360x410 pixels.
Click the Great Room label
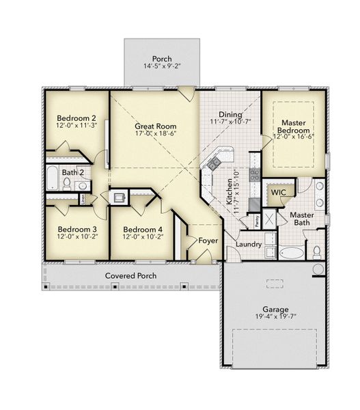(x=156, y=126)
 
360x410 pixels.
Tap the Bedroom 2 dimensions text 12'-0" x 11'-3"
(x=77, y=125)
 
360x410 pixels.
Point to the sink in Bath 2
(x=82, y=185)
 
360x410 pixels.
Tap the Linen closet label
(x=83, y=200)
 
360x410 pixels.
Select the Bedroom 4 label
(x=142, y=229)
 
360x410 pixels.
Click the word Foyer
(x=208, y=241)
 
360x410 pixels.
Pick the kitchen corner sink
(x=214, y=163)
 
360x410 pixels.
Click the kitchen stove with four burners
(x=254, y=175)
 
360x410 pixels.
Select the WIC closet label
(x=277, y=193)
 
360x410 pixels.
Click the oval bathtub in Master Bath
(x=292, y=253)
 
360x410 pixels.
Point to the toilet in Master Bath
(x=316, y=252)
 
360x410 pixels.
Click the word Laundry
(x=249, y=244)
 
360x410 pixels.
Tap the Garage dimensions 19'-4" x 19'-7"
(x=276, y=317)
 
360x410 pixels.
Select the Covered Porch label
(x=130, y=275)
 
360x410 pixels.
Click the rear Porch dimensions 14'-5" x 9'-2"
(x=162, y=66)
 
